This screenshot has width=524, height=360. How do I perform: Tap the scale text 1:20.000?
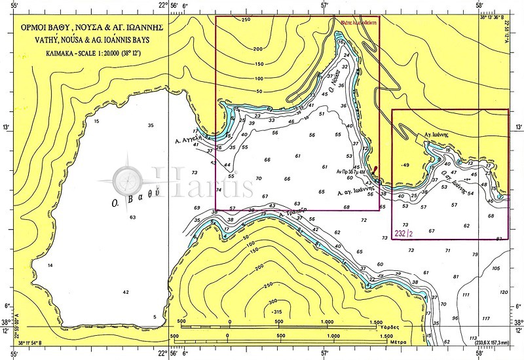[109, 50]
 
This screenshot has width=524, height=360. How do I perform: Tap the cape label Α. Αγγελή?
[187, 141]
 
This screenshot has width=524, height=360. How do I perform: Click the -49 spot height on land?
[405, 165]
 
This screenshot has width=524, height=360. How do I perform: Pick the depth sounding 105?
[495, 268]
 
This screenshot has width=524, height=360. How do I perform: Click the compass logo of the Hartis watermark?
[126, 179]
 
